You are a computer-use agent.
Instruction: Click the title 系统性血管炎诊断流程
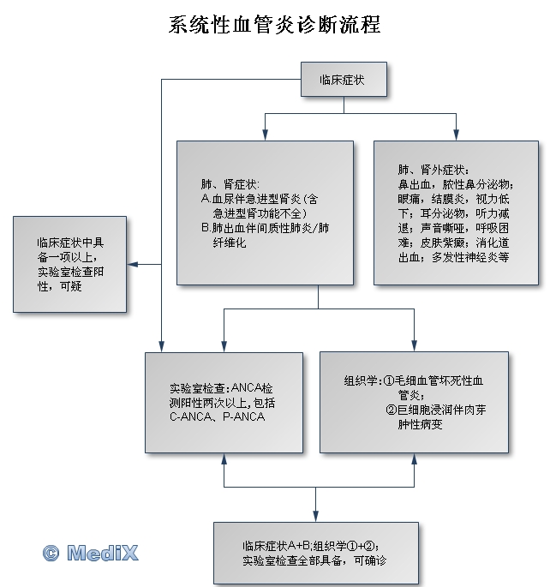point(274,25)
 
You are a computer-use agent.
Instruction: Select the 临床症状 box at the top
point(344,80)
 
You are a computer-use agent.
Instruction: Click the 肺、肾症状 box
point(265,212)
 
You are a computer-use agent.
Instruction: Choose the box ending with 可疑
point(69,265)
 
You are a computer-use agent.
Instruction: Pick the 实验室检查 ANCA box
point(224,402)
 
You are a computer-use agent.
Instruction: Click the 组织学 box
point(414,402)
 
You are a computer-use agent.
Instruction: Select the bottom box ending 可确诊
point(316,553)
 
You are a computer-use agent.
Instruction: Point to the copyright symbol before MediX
point(51,554)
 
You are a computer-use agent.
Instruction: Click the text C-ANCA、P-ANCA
point(218,416)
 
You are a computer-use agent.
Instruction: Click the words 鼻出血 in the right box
point(415,183)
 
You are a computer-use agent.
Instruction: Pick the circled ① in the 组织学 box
point(387,380)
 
